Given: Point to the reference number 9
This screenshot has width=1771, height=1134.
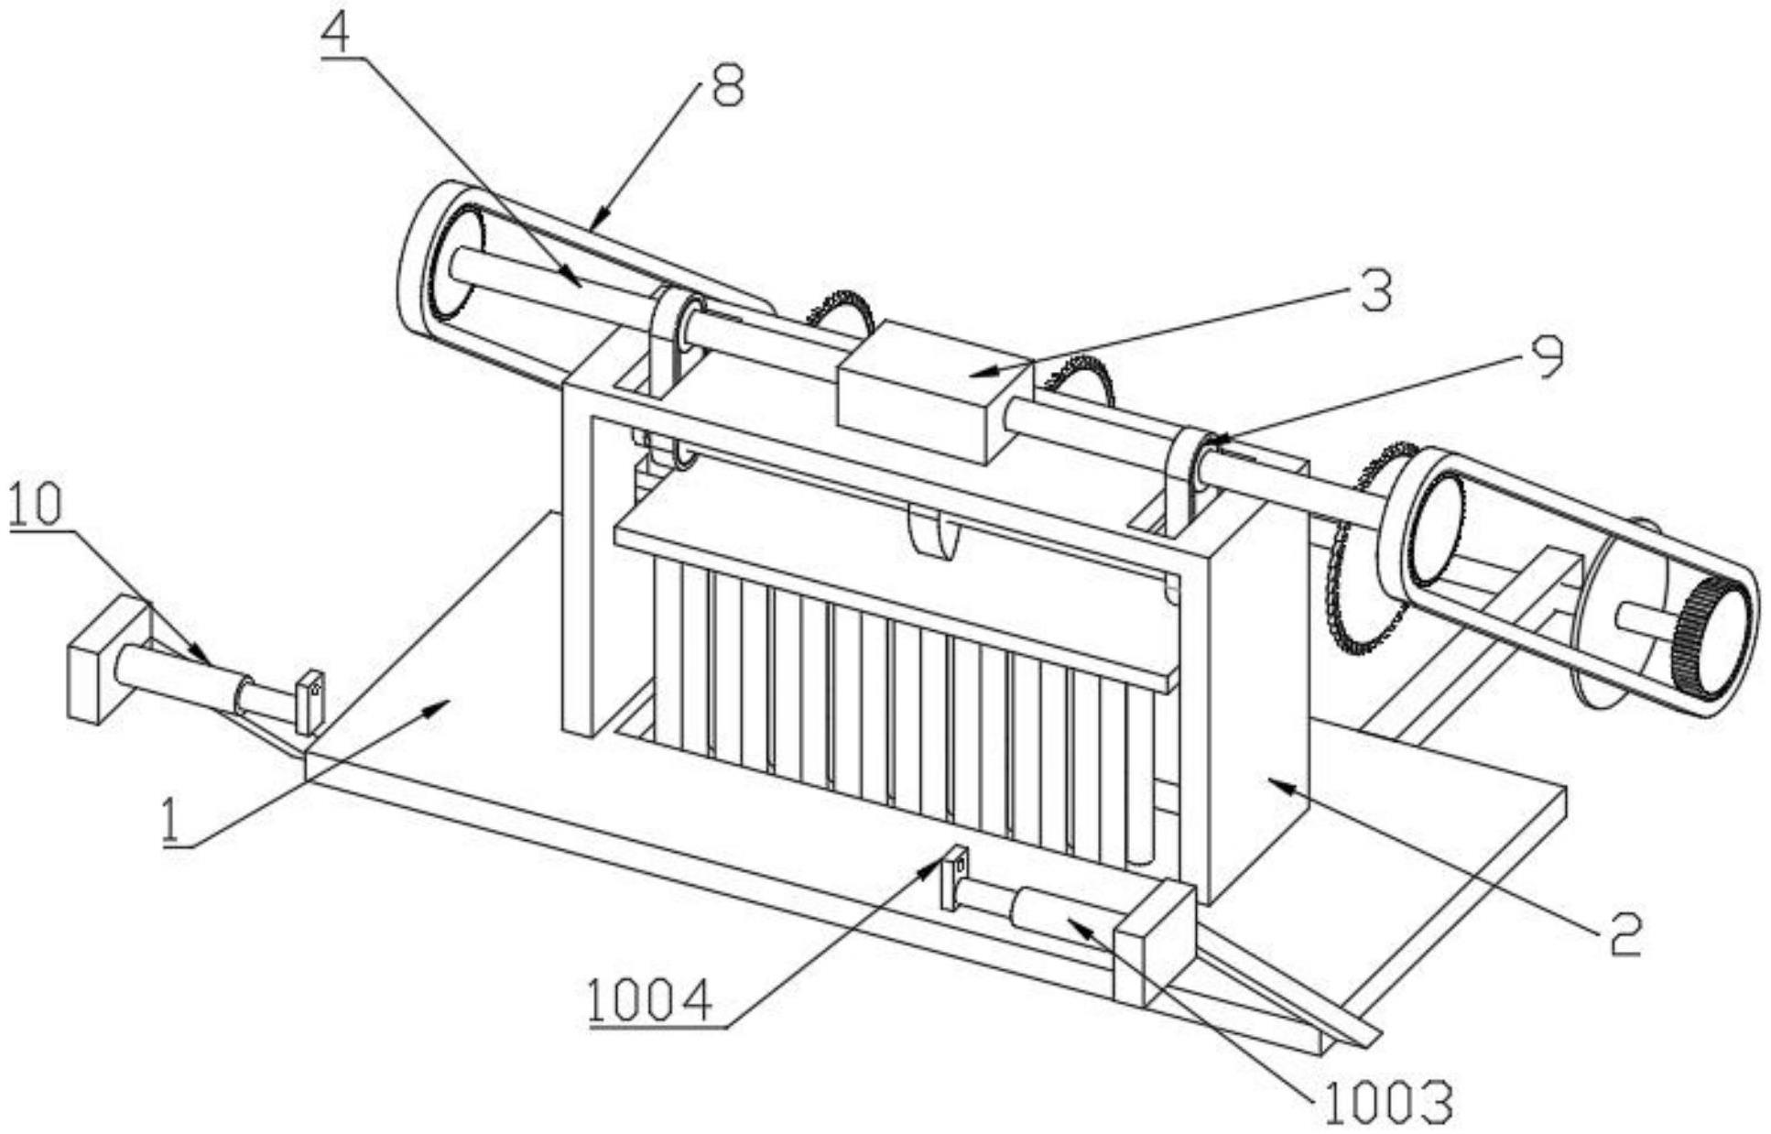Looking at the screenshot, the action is coord(1547,358).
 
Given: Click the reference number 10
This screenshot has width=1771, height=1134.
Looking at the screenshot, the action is coord(36,503).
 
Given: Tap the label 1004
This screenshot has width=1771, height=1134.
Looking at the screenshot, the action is coord(650,1000).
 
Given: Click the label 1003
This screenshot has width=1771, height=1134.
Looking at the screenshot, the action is coord(1388,1103).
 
